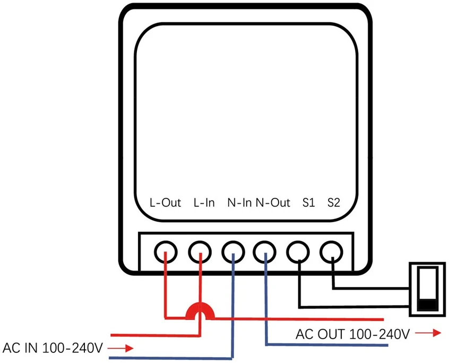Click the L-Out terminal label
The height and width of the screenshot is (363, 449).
[165, 202]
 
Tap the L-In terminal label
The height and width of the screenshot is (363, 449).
[204, 202]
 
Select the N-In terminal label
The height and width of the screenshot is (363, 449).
[239, 202]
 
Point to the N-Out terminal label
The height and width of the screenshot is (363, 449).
[273, 202]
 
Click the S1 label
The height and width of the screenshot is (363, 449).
[309, 202]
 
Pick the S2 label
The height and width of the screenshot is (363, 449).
[334, 202]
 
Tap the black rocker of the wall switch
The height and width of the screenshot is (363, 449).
[428, 305]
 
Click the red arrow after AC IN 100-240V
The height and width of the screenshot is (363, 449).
[120, 348]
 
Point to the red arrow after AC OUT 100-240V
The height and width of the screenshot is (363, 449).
[428, 333]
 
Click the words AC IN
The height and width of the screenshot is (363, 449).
[20, 348]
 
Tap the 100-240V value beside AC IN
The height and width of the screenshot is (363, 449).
[73, 348]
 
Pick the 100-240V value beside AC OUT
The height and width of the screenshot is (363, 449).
[379, 334]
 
